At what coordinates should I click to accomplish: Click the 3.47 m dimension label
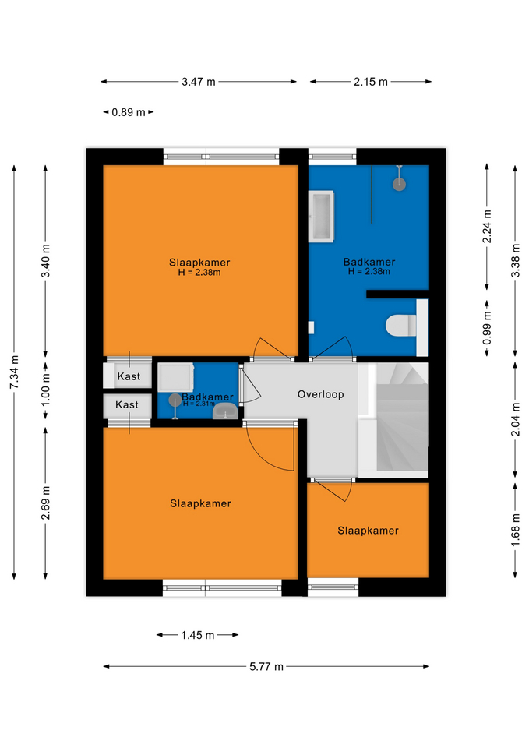[x=199, y=82]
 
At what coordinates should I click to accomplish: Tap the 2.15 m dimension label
[x=371, y=82]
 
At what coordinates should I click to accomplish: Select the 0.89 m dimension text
[x=129, y=112]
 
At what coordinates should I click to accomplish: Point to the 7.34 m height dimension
[x=15, y=372]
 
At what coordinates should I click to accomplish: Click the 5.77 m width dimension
[x=266, y=666]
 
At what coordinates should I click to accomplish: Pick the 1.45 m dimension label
[x=197, y=635]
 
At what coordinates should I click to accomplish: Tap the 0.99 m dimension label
[x=487, y=328]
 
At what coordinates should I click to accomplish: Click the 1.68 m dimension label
[x=515, y=531]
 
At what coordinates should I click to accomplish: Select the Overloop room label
[x=320, y=394]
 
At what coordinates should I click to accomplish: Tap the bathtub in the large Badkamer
[x=321, y=217]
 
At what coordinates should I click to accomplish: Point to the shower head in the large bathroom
[x=399, y=184]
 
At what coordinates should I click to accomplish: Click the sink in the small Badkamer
[x=225, y=411]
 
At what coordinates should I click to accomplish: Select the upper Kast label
[x=129, y=376]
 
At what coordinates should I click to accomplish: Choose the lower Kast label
[x=127, y=404]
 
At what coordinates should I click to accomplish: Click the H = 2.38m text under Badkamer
[x=369, y=271]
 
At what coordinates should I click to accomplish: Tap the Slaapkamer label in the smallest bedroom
[x=368, y=531]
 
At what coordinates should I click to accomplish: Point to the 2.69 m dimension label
[x=46, y=503]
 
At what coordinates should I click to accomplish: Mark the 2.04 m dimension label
[x=515, y=419]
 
